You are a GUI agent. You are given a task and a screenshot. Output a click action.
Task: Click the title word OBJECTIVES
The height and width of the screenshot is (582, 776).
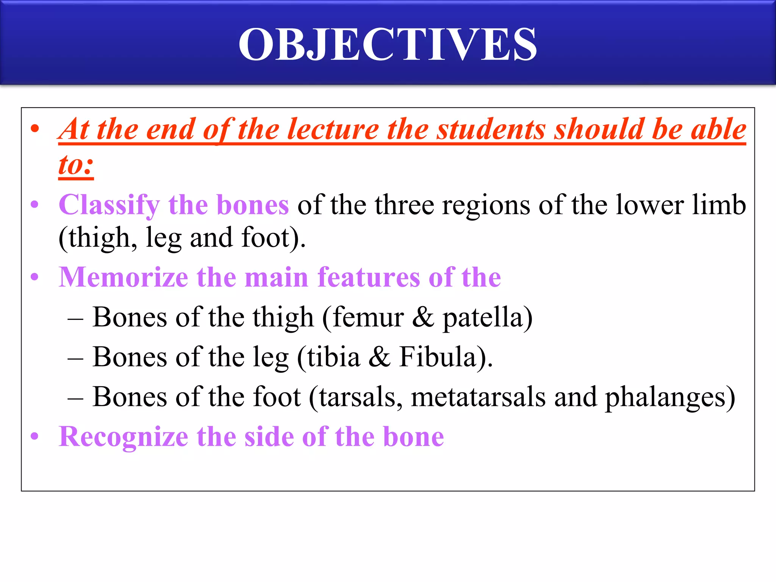[x=388, y=45]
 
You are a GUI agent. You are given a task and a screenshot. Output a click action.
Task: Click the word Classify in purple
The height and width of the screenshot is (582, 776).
[x=109, y=205]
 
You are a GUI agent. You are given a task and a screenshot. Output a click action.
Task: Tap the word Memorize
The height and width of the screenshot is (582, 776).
[x=123, y=277]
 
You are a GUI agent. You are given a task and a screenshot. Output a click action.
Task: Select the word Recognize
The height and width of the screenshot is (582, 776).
[x=123, y=437]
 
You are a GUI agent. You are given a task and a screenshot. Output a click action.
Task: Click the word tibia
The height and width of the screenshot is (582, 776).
[x=333, y=357]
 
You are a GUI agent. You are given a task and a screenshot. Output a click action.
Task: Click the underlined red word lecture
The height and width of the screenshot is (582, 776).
[x=333, y=130]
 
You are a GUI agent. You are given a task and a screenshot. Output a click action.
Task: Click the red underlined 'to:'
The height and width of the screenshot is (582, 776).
[x=76, y=165]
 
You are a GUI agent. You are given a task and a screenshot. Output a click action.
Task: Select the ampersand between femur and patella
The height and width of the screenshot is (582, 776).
[x=423, y=317]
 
